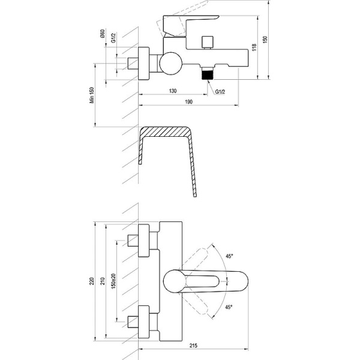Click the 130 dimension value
click(x=172, y=91)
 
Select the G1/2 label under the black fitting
click(x=221, y=92)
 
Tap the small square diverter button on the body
click(x=208, y=41)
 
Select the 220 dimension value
click(x=92, y=281)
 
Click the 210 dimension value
click(x=103, y=281)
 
